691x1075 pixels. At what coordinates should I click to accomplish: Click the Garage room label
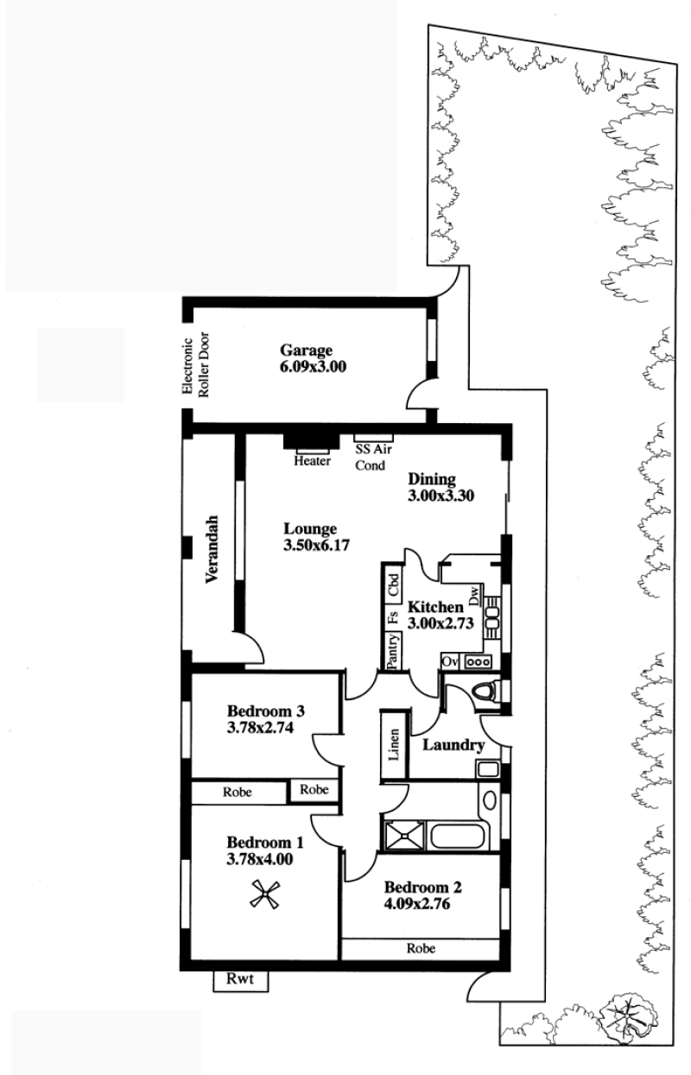coord(307,351)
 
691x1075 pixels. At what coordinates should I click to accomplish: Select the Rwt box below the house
coord(240,978)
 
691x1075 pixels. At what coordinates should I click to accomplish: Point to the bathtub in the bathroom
coord(457,836)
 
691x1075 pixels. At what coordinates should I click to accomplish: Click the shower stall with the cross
coord(404,836)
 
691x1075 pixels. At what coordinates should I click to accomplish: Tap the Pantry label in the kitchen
coord(393,651)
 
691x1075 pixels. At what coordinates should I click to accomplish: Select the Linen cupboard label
coord(394,744)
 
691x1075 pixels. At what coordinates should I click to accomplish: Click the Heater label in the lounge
coord(312,461)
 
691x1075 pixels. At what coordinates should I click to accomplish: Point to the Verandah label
coord(212,549)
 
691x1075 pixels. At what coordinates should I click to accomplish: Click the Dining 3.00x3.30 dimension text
coord(441,496)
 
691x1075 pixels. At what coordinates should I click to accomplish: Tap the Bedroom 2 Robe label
coord(422,948)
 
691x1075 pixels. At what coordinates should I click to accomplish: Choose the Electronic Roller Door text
coord(195,365)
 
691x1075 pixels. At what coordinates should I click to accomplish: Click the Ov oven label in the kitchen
coord(450,661)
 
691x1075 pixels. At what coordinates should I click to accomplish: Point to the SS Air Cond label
coord(373,458)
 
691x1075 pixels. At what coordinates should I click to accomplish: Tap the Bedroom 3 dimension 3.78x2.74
coord(260,728)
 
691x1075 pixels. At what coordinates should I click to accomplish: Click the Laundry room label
coord(453,745)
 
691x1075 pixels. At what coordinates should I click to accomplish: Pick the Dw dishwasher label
coord(474,595)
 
